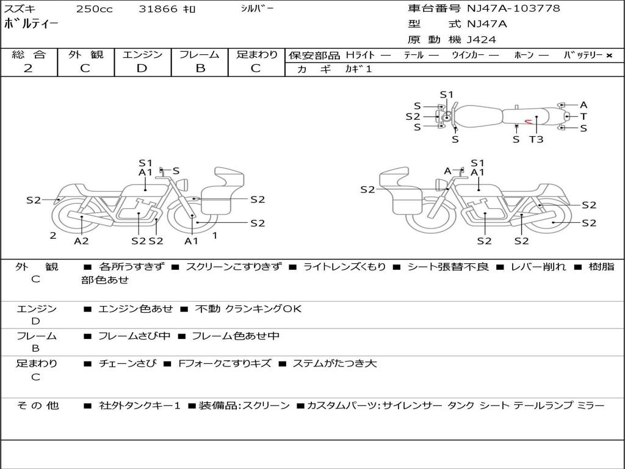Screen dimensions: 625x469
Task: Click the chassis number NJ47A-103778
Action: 513,9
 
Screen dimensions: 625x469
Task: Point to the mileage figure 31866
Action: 158,9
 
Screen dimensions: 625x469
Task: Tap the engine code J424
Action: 482,40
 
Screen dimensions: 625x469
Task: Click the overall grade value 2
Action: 28,68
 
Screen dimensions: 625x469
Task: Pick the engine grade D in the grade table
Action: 142,68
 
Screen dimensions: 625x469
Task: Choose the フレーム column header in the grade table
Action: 200,54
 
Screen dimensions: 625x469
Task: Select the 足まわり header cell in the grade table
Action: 257,54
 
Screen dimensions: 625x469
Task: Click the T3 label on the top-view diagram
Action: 536,139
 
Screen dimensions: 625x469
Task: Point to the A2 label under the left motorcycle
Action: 81,241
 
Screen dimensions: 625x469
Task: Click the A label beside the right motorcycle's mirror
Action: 447,171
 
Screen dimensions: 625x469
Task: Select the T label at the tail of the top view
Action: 583,116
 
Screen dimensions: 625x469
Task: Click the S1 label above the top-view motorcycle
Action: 447,95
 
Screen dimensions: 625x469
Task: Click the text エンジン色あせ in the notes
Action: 135,309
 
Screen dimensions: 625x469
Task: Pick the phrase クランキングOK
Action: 263,309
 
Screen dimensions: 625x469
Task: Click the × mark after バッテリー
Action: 609,55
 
